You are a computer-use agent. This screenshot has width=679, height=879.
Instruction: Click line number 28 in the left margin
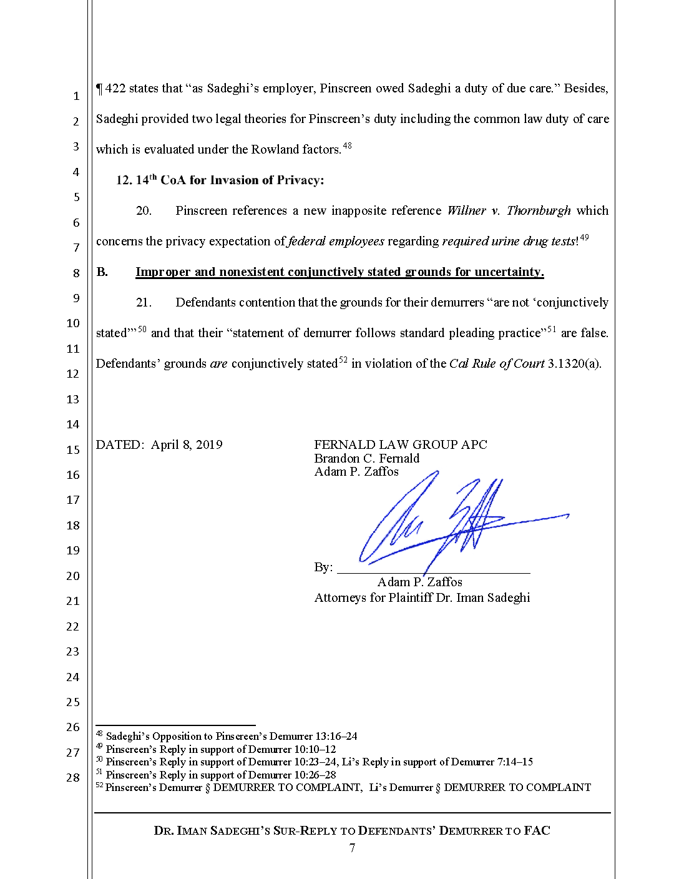(x=73, y=777)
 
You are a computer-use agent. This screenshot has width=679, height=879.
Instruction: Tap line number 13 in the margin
(x=73, y=399)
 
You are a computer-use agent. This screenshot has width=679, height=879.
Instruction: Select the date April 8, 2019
(x=187, y=444)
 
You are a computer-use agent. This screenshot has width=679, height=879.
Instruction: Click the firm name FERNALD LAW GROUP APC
(x=400, y=444)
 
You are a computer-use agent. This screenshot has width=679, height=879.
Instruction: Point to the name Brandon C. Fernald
(x=366, y=458)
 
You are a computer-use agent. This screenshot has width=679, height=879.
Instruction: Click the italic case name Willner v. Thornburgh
(x=509, y=210)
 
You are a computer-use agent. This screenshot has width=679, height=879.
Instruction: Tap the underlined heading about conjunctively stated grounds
(x=339, y=272)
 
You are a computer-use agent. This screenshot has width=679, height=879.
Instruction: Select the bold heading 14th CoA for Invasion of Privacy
(x=220, y=180)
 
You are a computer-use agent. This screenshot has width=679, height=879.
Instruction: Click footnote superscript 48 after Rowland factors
(x=348, y=146)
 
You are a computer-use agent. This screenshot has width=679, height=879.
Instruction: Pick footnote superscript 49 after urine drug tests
(x=584, y=238)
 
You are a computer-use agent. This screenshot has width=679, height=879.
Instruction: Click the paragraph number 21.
(x=144, y=302)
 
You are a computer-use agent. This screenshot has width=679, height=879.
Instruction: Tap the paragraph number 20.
(x=144, y=210)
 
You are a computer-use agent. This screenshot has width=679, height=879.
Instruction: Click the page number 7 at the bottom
(x=352, y=847)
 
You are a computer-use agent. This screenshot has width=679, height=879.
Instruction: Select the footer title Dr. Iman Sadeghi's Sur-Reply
(x=352, y=830)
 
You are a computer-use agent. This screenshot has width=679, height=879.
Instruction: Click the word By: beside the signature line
(x=323, y=567)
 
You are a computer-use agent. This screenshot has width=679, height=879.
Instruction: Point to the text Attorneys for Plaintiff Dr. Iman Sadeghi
(x=422, y=597)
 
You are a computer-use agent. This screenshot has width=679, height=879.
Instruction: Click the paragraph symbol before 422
(x=99, y=89)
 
